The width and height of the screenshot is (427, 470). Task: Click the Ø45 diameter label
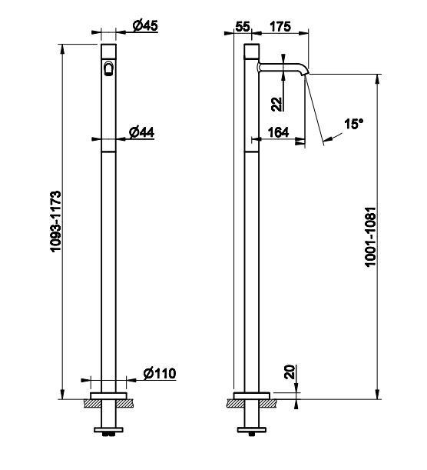(145, 25)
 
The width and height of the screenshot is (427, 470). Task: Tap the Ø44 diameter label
(141, 132)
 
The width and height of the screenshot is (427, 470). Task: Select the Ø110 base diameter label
(160, 373)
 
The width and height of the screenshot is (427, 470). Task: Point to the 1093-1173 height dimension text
(56, 222)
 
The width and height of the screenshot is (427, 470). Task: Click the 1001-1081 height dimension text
(370, 237)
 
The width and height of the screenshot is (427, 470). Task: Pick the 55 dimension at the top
(243, 26)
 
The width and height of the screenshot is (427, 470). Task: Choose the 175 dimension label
(280, 26)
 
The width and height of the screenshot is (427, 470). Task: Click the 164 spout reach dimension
(278, 132)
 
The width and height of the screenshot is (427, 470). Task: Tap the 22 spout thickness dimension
(277, 105)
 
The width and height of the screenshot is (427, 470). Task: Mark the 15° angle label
(353, 124)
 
